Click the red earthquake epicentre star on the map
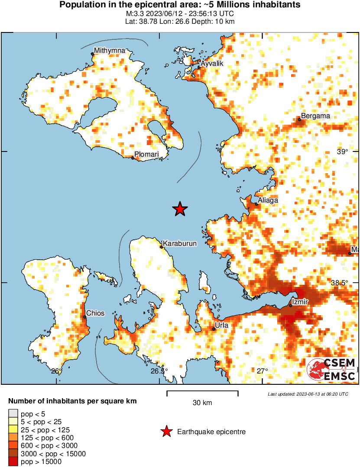[x=180, y=209]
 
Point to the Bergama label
[x=315, y=116]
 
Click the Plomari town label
[x=146, y=154]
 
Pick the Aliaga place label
[x=268, y=200]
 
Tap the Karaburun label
[x=180, y=244]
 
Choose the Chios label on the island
[x=95, y=313]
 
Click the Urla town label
[x=221, y=325]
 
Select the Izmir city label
[x=300, y=302]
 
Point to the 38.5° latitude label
[x=339, y=283]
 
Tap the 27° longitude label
[x=262, y=371]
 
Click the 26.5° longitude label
[x=159, y=371]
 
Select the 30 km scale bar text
[x=202, y=403]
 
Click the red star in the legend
[x=165, y=432]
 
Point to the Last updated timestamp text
[x=308, y=394]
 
